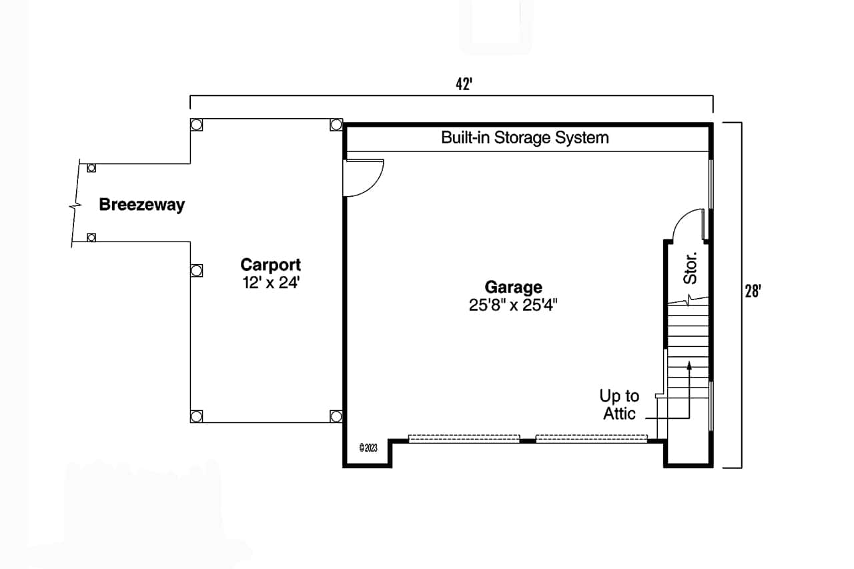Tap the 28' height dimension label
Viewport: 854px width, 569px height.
click(x=753, y=292)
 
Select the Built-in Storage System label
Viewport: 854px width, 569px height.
click(x=524, y=138)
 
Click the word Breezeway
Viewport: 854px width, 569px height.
click(x=141, y=205)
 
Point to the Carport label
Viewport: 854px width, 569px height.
click(x=271, y=265)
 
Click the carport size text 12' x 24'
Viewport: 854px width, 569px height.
click(x=271, y=282)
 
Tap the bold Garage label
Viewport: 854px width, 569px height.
click(x=513, y=288)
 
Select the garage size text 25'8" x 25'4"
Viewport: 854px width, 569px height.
click(x=513, y=306)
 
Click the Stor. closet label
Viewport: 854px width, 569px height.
click(x=691, y=267)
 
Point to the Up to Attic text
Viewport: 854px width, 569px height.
click(x=619, y=404)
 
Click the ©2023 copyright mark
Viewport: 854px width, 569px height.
click(x=368, y=448)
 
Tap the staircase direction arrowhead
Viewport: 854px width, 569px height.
click(x=689, y=364)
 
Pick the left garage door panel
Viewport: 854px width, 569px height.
click(x=464, y=438)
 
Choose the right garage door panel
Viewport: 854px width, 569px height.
click(x=591, y=438)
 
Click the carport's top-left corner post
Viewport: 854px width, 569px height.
click(x=196, y=125)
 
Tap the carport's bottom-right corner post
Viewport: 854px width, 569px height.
click(x=336, y=416)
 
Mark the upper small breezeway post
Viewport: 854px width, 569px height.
click(x=91, y=167)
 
